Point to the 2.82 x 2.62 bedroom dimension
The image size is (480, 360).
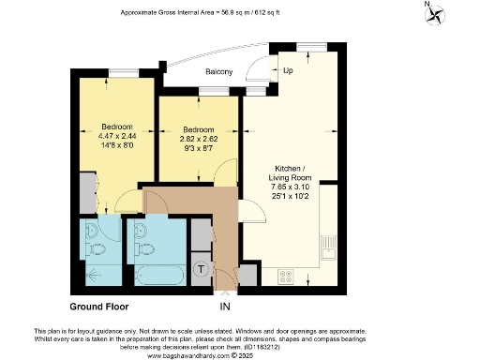[x=198, y=139]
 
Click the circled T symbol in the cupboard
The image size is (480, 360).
[x=201, y=268]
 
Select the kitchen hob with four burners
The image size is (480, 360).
[x=286, y=277]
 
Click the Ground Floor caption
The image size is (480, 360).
[x=99, y=307]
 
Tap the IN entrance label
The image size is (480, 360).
[x=224, y=307]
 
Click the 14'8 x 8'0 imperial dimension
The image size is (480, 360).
[x=117, y=145]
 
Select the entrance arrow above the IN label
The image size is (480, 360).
[x=224, y=293]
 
